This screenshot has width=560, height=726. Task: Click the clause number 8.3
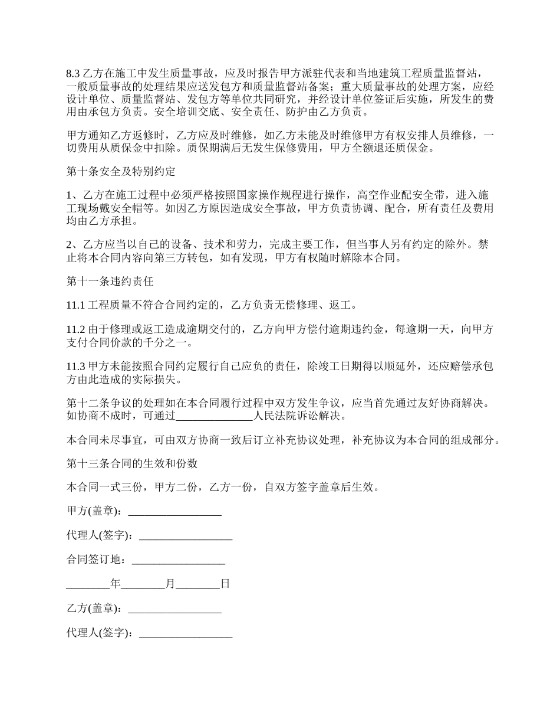(73, 74)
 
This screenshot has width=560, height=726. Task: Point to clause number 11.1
(75, 305)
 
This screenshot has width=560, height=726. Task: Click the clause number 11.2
(75, 329)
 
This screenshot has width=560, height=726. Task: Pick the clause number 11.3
(75, 367)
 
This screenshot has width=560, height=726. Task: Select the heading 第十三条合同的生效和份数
(131, 464)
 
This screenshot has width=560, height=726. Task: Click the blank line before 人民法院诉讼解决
(215, 416)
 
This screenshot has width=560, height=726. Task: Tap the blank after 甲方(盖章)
(174, 512)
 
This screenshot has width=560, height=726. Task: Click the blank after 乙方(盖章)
(174, 609)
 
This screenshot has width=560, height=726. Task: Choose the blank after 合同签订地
(179, 560)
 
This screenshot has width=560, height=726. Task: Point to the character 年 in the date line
(116, 584)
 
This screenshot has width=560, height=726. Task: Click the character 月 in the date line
(170, 584)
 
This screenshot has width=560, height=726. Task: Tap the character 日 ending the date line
(225, 584)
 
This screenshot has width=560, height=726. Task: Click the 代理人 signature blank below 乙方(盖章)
(186, 633)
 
